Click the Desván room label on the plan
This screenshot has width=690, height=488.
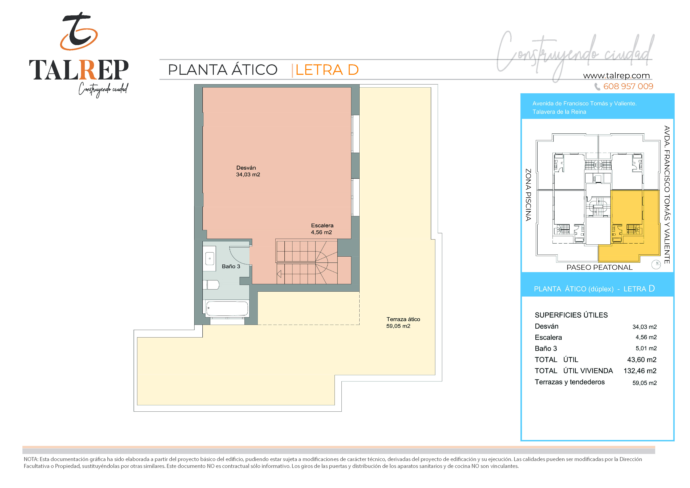coord(246,168)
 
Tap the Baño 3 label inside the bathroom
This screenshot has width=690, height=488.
coord(231,266)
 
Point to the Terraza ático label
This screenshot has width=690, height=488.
coord(403,319)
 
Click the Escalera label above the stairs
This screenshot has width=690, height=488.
coord(322,226)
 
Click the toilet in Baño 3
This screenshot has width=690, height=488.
coord(211,285)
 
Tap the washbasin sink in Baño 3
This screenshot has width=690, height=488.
coord(210,259)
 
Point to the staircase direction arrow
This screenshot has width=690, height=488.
coord(279,274)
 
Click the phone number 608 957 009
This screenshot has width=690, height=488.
coord(628,87)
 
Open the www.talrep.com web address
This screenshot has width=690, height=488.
coord(616,76)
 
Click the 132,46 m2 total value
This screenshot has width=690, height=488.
coord(640,371)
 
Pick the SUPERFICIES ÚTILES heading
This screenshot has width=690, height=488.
coord(571,315)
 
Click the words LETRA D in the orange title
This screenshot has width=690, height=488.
coord(327,70)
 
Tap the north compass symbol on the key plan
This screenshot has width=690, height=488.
coord(656,264)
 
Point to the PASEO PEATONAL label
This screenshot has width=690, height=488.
coord(600,267)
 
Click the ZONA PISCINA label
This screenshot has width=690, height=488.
coord(528,195)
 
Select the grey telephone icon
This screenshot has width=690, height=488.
coord(597,87)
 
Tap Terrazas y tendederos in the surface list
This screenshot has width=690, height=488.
coord(570,382)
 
